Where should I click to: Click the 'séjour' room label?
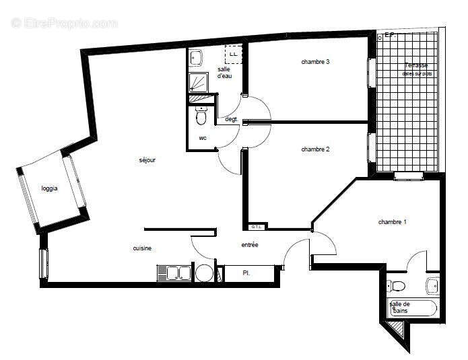(147, 160)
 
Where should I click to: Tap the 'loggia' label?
(49, 188)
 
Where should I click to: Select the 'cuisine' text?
(142, 248)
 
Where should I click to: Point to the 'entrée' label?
(250, 245)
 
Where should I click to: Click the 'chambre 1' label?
(392, 222)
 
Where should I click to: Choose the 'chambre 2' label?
(315, 149)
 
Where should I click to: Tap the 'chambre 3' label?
(315, 62)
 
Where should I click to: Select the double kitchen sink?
(174, 273)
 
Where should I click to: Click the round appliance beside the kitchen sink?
(203, 273)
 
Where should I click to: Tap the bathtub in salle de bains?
(413, 308)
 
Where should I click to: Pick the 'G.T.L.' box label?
(256, 227)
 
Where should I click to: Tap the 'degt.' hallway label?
(232, 119)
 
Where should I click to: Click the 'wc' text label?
(203, 138)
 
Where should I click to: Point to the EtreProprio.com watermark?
(64, 23)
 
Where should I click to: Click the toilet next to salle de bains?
(397, 286)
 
